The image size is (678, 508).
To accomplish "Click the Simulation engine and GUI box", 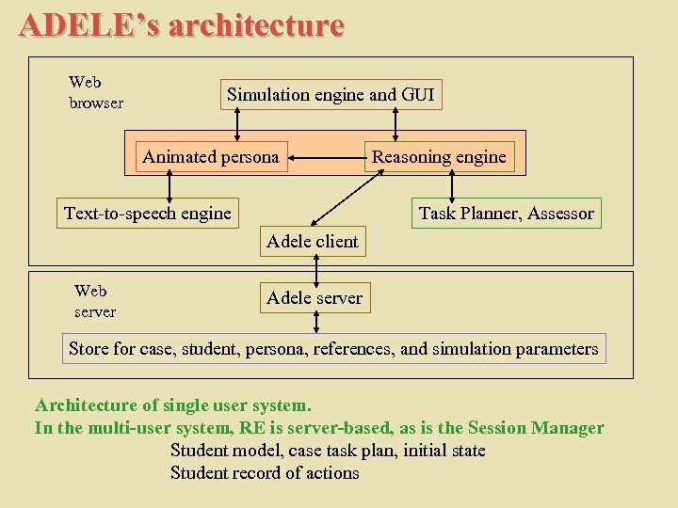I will [x=331, y=94].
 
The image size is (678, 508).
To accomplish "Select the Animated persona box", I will [x=211, y=157].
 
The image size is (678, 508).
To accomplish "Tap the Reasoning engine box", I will [x=439, y=157].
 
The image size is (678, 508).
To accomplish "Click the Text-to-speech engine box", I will [x=147, y=214].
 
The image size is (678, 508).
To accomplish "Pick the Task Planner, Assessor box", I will [x=506, y=214].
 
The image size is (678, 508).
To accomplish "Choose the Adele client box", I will [x=313, y=242].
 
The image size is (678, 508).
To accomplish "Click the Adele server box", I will [x=315, y=298].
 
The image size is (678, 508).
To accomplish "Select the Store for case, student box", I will [x=333, y=349].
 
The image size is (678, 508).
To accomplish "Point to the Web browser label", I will [x=95, y=92].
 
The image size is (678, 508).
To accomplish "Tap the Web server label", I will [x=94, y=301].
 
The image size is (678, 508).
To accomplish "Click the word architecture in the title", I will [x=255, y=25].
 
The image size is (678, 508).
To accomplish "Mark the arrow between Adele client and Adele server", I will [x=316, y=270].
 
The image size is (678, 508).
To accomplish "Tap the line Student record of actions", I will [x=265, y=473].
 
